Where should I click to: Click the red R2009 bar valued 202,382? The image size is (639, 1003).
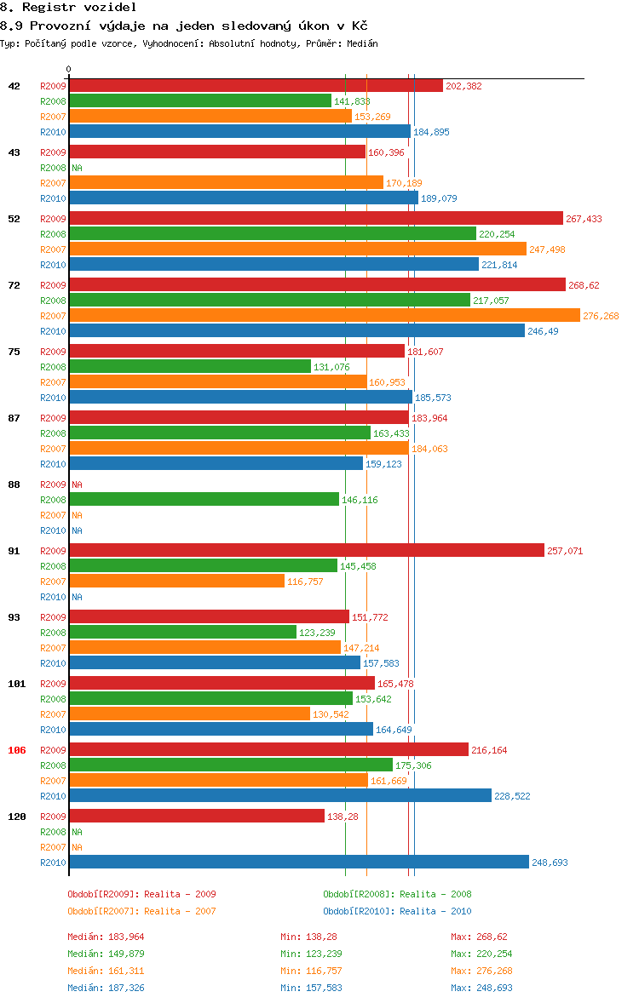coord(256,86)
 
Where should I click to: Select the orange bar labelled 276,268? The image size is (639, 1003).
coord(324,316)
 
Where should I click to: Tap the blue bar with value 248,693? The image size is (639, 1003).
coord(298,863)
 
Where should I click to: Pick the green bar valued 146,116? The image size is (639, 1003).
coord(204,500)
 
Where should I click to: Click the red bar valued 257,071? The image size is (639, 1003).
coord(306,551)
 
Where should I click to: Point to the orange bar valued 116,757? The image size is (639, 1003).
coord(176,582)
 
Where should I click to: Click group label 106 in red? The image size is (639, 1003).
coord(16,750)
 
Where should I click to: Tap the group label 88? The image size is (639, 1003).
coord(14,484)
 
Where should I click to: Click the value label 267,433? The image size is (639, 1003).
coord(584,219)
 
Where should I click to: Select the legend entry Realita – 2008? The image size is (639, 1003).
coord(397,894)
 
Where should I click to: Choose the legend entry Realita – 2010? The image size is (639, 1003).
coord(397,911)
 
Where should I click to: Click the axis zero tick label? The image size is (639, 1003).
coord(69,69)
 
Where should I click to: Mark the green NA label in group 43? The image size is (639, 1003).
coord(77,168)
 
